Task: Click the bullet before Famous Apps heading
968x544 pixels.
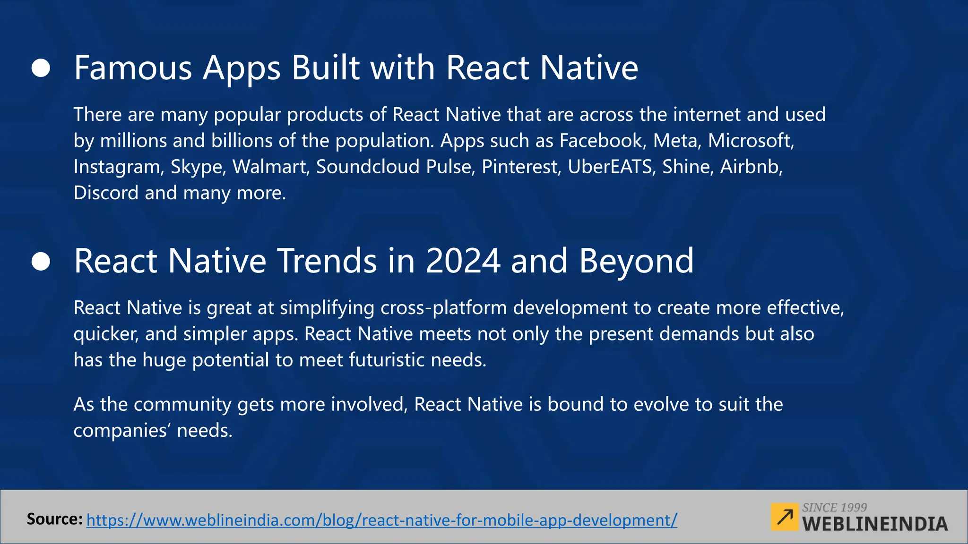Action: click(41, 68)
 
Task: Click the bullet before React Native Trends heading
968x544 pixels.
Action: click(41, 261)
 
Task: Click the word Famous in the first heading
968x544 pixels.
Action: click(133, 68)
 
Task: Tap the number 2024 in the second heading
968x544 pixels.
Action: click(463, 261)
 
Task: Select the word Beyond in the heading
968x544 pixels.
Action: click(636, 261)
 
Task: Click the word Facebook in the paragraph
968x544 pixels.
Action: click(601, 141)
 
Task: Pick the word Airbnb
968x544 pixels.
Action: click(751, 167)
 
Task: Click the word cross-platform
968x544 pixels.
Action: click(443, 308)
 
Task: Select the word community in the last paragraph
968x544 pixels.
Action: click(185, 405)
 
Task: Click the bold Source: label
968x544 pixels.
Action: click(54, 519)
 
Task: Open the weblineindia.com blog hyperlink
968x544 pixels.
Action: click(382, 520)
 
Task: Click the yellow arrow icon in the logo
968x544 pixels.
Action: click(784, 517)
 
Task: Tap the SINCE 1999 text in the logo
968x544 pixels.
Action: click(834, 508)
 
